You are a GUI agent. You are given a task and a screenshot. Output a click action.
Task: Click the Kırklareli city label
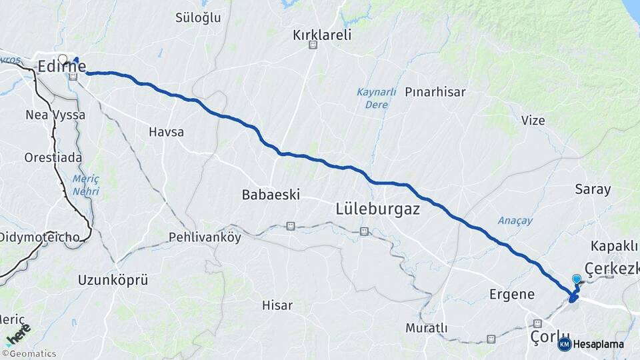[321, 35]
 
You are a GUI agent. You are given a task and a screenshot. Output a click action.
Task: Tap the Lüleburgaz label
[377, 209]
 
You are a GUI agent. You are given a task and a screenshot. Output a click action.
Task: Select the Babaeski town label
[270, 195]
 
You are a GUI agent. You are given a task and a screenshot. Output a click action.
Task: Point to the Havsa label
[166, 132]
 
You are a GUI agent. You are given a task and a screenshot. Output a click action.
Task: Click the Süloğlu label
[198, 18]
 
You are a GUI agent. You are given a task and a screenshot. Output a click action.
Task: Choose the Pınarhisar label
[435, 92]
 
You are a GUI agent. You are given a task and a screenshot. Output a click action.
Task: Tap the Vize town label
[533, 121]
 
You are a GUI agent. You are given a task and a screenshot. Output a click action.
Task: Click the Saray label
[593, 189]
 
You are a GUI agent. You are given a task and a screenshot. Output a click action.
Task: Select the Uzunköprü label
[113, 279]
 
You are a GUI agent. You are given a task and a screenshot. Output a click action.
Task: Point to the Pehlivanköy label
[205, 237]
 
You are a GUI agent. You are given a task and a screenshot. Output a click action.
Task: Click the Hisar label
[277, 305]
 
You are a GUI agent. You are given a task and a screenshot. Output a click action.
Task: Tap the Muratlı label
[426, 328]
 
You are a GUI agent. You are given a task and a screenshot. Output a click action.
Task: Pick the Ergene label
[512, 294]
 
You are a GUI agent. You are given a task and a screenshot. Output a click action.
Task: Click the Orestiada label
[53, 158]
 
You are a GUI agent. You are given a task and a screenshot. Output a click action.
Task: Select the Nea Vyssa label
[55, 115]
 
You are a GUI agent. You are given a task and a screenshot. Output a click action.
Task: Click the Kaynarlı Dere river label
[376, 98]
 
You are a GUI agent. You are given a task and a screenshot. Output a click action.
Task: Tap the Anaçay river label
[515, 221]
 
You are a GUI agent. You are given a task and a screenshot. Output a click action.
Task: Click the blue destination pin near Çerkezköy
[577, 280]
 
